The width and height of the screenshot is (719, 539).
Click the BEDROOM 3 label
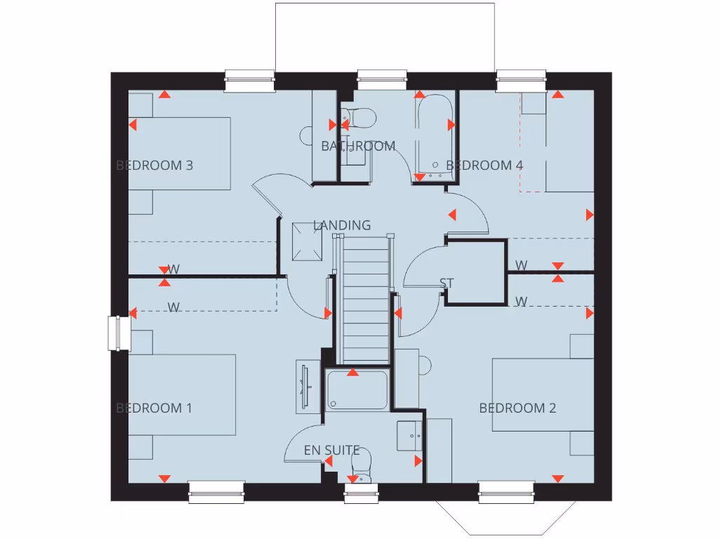154,166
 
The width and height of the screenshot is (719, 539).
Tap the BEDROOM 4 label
484,166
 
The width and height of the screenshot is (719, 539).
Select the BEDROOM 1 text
154,408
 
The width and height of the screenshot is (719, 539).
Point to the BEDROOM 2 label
517,408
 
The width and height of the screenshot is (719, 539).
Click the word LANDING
342,225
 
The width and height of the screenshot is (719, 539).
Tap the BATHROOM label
358,146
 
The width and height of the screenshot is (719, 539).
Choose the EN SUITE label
331,450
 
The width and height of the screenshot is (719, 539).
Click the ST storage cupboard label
447,284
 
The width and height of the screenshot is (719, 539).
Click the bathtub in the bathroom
432,136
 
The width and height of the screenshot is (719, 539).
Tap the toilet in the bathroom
359,119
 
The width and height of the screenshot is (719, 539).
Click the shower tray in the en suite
357,390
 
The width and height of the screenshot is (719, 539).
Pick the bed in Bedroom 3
179,154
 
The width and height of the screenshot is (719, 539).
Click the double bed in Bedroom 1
181,394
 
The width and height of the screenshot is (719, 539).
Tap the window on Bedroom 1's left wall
115,333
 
